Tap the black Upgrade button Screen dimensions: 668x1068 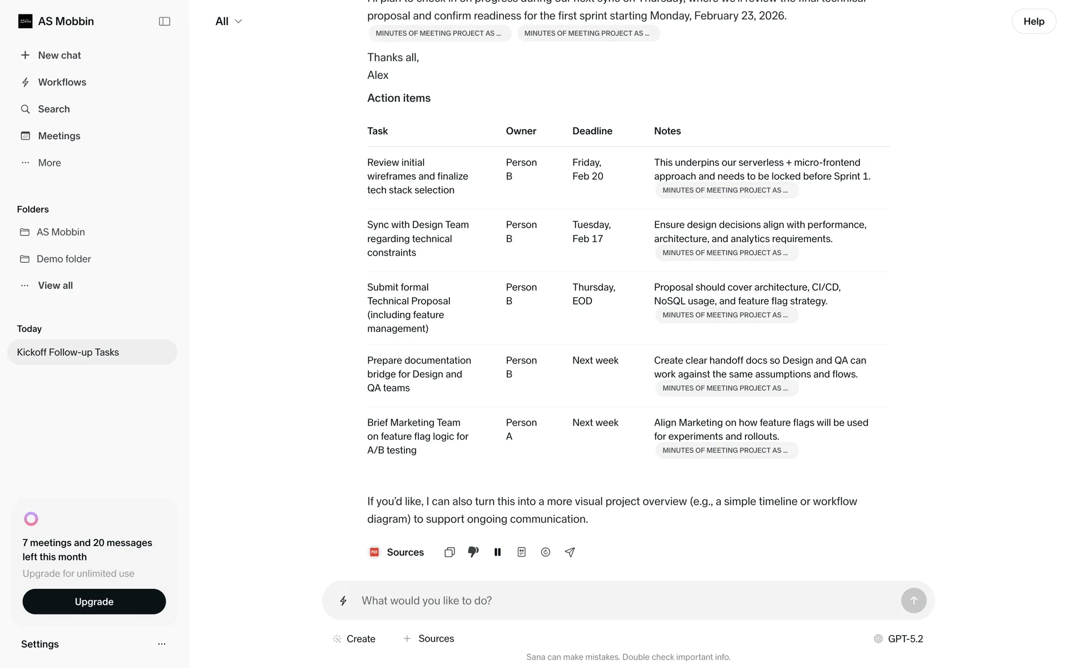[x=94, y=602]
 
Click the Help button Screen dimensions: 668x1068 [x=1034, y=21]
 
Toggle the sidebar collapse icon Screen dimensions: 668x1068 [x=164, y=21]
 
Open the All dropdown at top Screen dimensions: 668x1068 [x=229, y=21]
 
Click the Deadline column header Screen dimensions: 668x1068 [x=592, y=131]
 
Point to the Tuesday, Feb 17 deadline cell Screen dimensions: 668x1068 [x=591, y=232]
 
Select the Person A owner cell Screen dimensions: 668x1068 [x=521, y=429]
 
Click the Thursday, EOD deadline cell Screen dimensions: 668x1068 [x=593, y=294]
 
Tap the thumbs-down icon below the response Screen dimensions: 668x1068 [x=473, y=552]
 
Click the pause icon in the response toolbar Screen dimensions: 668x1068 [x=497, y=552]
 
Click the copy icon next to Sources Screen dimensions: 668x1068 [x=449, y=552]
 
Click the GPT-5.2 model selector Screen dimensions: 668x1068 [x=898, y=638]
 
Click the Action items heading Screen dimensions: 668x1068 [x=398, y=98]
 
